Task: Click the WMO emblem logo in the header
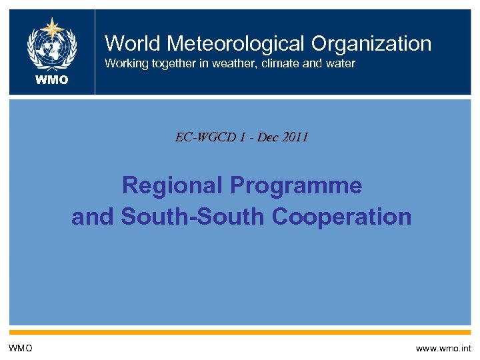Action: click(x=51, y=45)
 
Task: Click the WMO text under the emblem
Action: click(x=51, y=81)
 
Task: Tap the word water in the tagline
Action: click(x=338, y=64)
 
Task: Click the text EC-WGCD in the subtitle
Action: click(x=203, y=138)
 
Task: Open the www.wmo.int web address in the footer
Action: click(x=443, y=348)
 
